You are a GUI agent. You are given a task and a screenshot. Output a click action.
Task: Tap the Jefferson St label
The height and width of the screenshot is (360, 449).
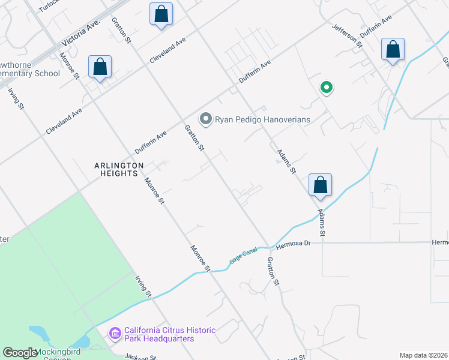[x=349, y=35]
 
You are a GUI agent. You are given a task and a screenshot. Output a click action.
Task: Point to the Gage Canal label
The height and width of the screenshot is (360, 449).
[x=243, y=256]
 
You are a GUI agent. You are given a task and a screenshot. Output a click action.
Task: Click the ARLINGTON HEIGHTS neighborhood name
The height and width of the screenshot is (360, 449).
[x=119, y=169]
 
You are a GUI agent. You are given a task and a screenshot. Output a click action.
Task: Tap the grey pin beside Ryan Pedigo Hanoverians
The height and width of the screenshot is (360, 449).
[x=206, y=119]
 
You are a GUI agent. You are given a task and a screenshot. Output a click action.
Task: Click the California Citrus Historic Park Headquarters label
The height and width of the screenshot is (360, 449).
[x=159, y=335]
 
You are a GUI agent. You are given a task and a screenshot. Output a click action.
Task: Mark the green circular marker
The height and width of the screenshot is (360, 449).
[x=326, y=88]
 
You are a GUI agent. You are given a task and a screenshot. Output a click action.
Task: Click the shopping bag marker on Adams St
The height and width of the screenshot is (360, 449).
[x=321, y=184]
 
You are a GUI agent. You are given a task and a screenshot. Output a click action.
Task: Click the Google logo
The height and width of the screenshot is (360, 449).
[x=19, y=353]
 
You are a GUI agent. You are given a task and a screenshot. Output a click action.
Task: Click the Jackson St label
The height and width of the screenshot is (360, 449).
[x=140, y=357]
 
